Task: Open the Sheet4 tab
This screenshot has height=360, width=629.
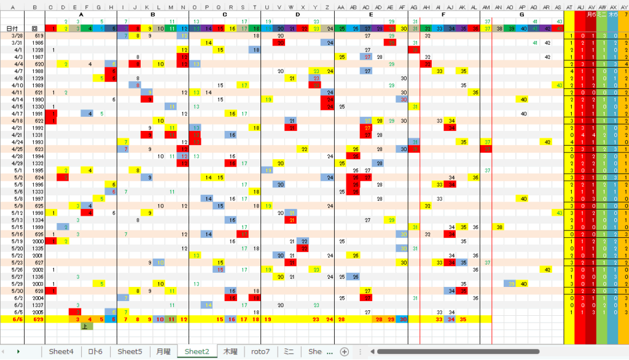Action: tap(61, 351)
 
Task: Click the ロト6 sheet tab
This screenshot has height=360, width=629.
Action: tap(95, 351)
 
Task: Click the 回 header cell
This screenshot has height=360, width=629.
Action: tap(34, 28)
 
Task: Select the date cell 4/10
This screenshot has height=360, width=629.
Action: tap(17, 85)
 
